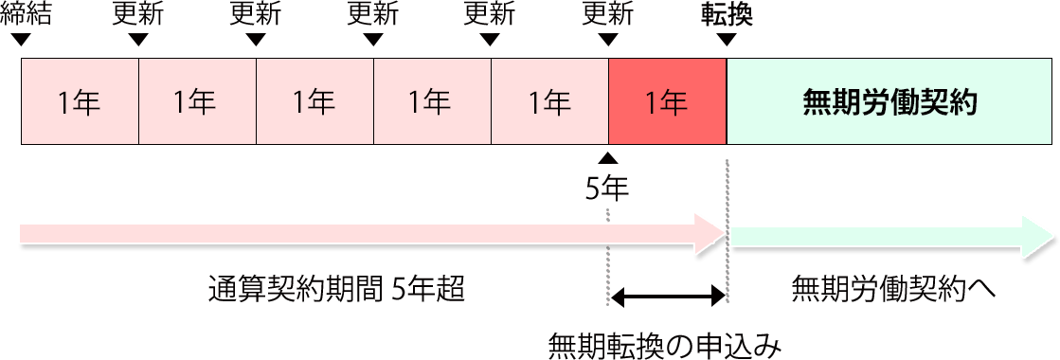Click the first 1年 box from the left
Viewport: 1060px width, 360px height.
click(80, 101)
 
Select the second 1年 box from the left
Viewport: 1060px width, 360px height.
click(197, 101)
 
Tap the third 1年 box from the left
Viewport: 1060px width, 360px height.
click(314, 101)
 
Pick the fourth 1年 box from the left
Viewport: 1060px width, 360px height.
click(432, 101)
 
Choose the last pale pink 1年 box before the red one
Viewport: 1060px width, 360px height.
click(549, 101)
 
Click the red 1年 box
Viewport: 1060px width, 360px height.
click(667, 101)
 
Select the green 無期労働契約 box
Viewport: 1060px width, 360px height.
click(889, 101)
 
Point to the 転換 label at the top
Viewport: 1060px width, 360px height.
click(727, 13)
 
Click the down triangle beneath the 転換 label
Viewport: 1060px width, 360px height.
click(727, 40)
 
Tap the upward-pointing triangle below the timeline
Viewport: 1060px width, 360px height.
click(608, 158)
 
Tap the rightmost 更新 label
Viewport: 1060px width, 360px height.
click(608, 13)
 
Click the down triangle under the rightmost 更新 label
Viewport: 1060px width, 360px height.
click(608, 40)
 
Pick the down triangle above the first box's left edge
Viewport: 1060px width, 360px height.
click(22, 40)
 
